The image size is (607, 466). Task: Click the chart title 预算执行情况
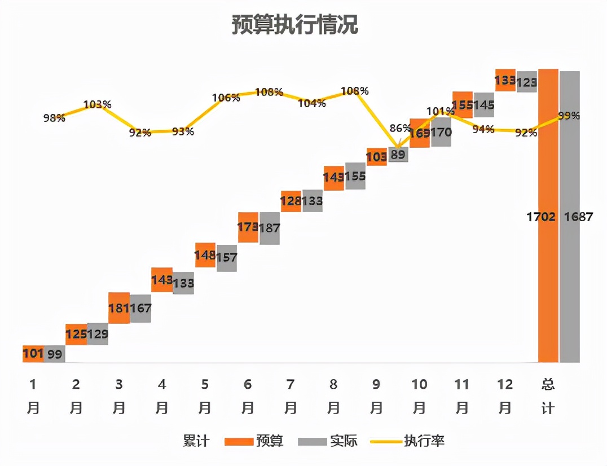click(x=294, y=25)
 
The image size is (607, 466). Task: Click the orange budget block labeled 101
click(x=33, y=353)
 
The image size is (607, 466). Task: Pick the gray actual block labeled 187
click(x=270, y=228)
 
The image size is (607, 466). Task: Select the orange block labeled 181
click(x=119, y=308)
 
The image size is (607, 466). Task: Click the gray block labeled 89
click(x=398, y=155)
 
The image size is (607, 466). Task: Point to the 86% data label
click(x=400, y=128)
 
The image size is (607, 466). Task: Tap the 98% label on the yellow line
click(x=54, y=117)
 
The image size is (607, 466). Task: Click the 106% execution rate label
click(x=226, y=98)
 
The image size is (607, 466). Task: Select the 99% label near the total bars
click(x=569, y=116)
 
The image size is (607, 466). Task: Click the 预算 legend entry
click(x=254, y=441)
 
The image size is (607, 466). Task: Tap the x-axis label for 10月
click(x=419, y=395)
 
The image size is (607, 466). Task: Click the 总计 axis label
click(x=548, y=395)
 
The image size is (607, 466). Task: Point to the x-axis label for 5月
click(x=205, y=395)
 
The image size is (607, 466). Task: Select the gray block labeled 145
click(x=484, y=105)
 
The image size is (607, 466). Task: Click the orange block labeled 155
click(x=463, y=105)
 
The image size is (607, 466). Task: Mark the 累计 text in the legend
click(x=196, y=441)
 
